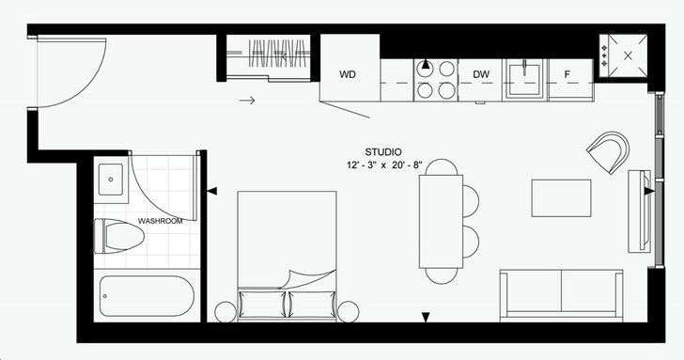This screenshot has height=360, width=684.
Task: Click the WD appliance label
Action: point(348,74)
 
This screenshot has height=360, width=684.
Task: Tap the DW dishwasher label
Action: point(481,74)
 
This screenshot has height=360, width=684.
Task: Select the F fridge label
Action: point(567,74)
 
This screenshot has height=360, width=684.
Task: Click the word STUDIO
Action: point(383,152)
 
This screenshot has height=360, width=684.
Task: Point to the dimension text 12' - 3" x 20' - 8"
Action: point(384,165)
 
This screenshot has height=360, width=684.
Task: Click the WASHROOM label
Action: point(160,221)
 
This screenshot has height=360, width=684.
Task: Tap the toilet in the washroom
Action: point(119,237)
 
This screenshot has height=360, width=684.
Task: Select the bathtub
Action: point(147,296)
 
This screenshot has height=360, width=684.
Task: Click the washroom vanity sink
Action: point(110,180)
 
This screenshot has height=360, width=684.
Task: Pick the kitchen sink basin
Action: point(525,79)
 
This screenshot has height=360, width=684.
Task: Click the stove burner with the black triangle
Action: point(426,68)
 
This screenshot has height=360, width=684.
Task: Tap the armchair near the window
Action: point(609,152)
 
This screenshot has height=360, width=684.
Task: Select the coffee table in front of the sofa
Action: point(562,198)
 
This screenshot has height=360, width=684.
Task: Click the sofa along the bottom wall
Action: point(562,295)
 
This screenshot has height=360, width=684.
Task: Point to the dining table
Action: point(441,221)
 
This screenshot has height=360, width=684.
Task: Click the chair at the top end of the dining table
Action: point(442,167)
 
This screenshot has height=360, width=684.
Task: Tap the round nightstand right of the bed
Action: point(348,312)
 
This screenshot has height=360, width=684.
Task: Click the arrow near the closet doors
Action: point(247,101)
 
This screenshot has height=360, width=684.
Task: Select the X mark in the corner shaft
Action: point(629,55)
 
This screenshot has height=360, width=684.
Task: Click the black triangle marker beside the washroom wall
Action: point(211,191)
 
